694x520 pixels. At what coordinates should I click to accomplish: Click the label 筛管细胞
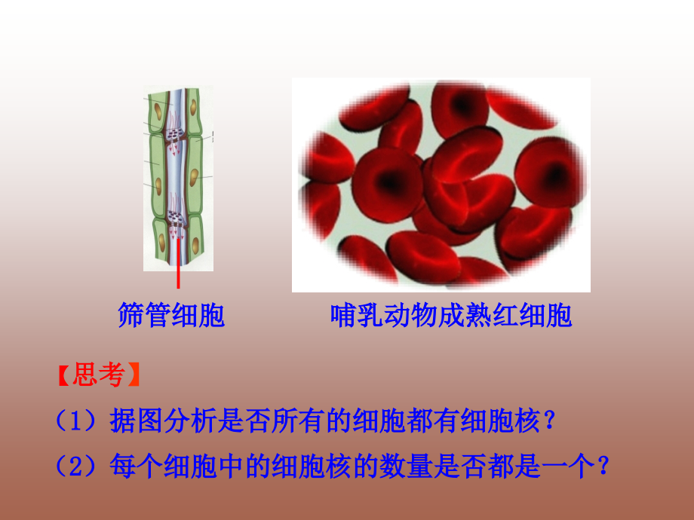tap(171, 315)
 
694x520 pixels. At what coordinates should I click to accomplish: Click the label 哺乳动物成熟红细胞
tap(451, 315)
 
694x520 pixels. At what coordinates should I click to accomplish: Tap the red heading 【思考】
tap(98, 375)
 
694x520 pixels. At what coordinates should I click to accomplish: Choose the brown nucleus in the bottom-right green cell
tap(195, 244)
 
